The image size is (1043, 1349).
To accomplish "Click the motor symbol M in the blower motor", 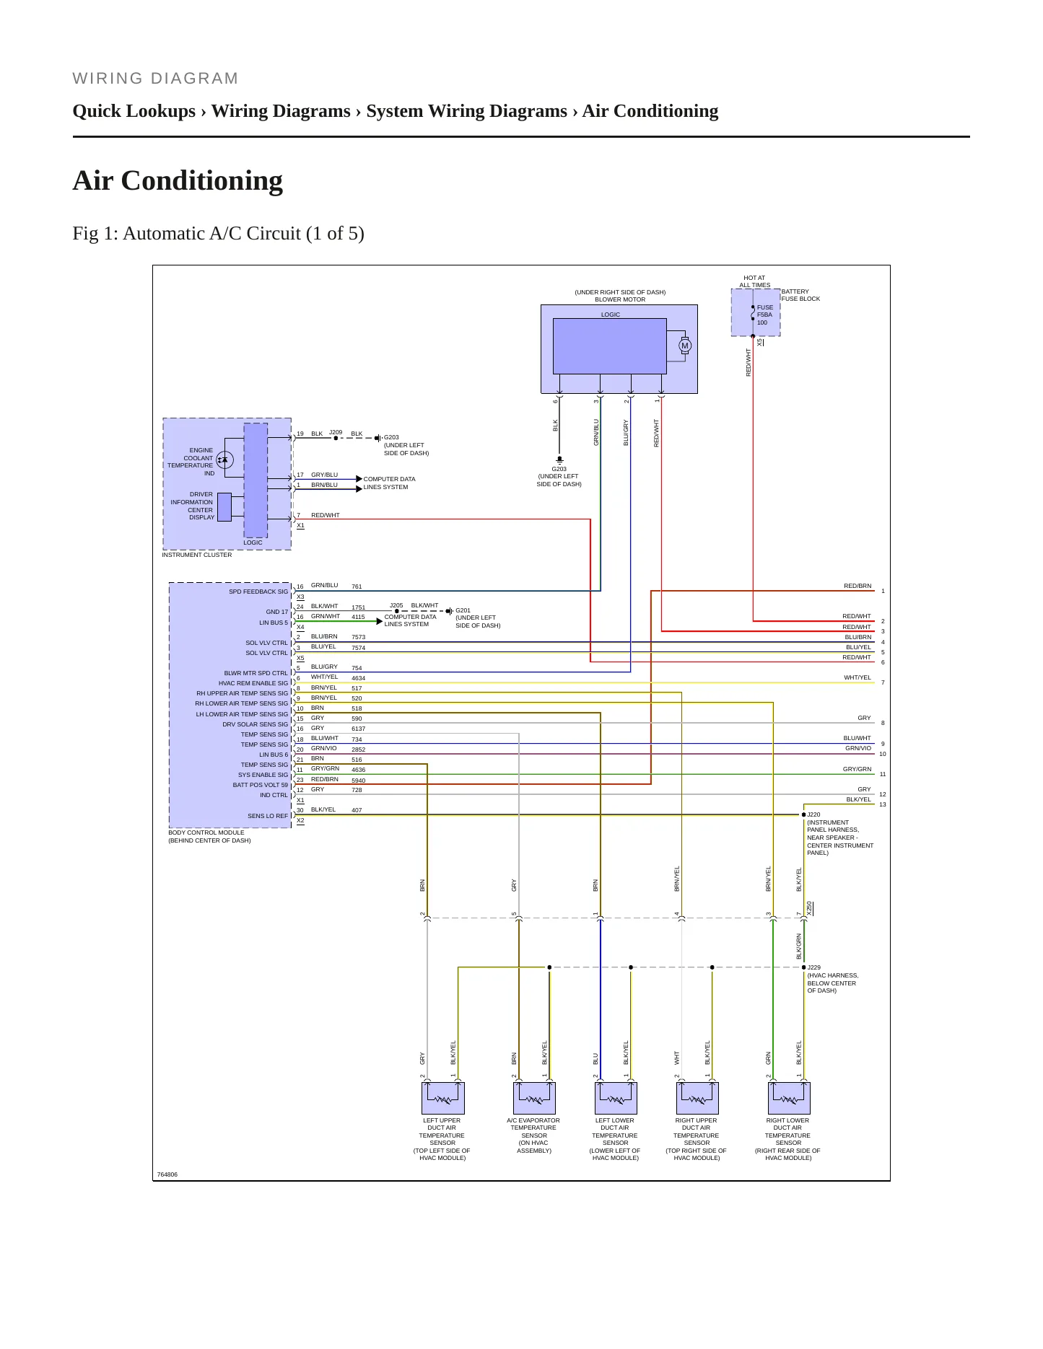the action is pos(685,346).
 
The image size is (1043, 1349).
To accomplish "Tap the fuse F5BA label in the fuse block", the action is pos(764,315).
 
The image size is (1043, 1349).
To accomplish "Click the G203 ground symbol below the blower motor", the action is pos(559,460).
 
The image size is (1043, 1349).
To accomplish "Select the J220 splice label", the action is pos(813,814).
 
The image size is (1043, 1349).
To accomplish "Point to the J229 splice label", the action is pos(813,967).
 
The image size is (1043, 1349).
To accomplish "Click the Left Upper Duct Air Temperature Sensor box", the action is pos(443,1098).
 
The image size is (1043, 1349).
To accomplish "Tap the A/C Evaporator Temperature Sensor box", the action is pos(535,1098).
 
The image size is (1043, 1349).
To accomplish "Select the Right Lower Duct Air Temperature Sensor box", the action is pos(789,1098).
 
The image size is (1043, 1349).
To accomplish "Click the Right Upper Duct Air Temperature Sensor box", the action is pos(698,1098).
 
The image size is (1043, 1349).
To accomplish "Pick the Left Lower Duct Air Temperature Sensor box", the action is pos(616,1098).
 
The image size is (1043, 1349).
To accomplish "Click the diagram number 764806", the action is pos(167,1174).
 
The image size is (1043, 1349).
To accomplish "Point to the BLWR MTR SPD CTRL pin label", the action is pos(256,673).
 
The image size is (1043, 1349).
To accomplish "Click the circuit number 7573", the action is pos(359,638).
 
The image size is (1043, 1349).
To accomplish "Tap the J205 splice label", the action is pos(396,606).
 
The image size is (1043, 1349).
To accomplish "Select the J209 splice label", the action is pos(336,433).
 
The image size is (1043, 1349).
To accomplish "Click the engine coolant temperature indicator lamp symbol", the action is pos(224,459).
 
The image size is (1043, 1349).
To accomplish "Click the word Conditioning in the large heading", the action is pos(202,180).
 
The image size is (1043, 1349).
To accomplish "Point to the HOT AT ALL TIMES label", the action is pos(754,281).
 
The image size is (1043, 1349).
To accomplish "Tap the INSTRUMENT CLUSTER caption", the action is pos(197,555).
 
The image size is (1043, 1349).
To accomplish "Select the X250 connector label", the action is pos(810,908).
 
